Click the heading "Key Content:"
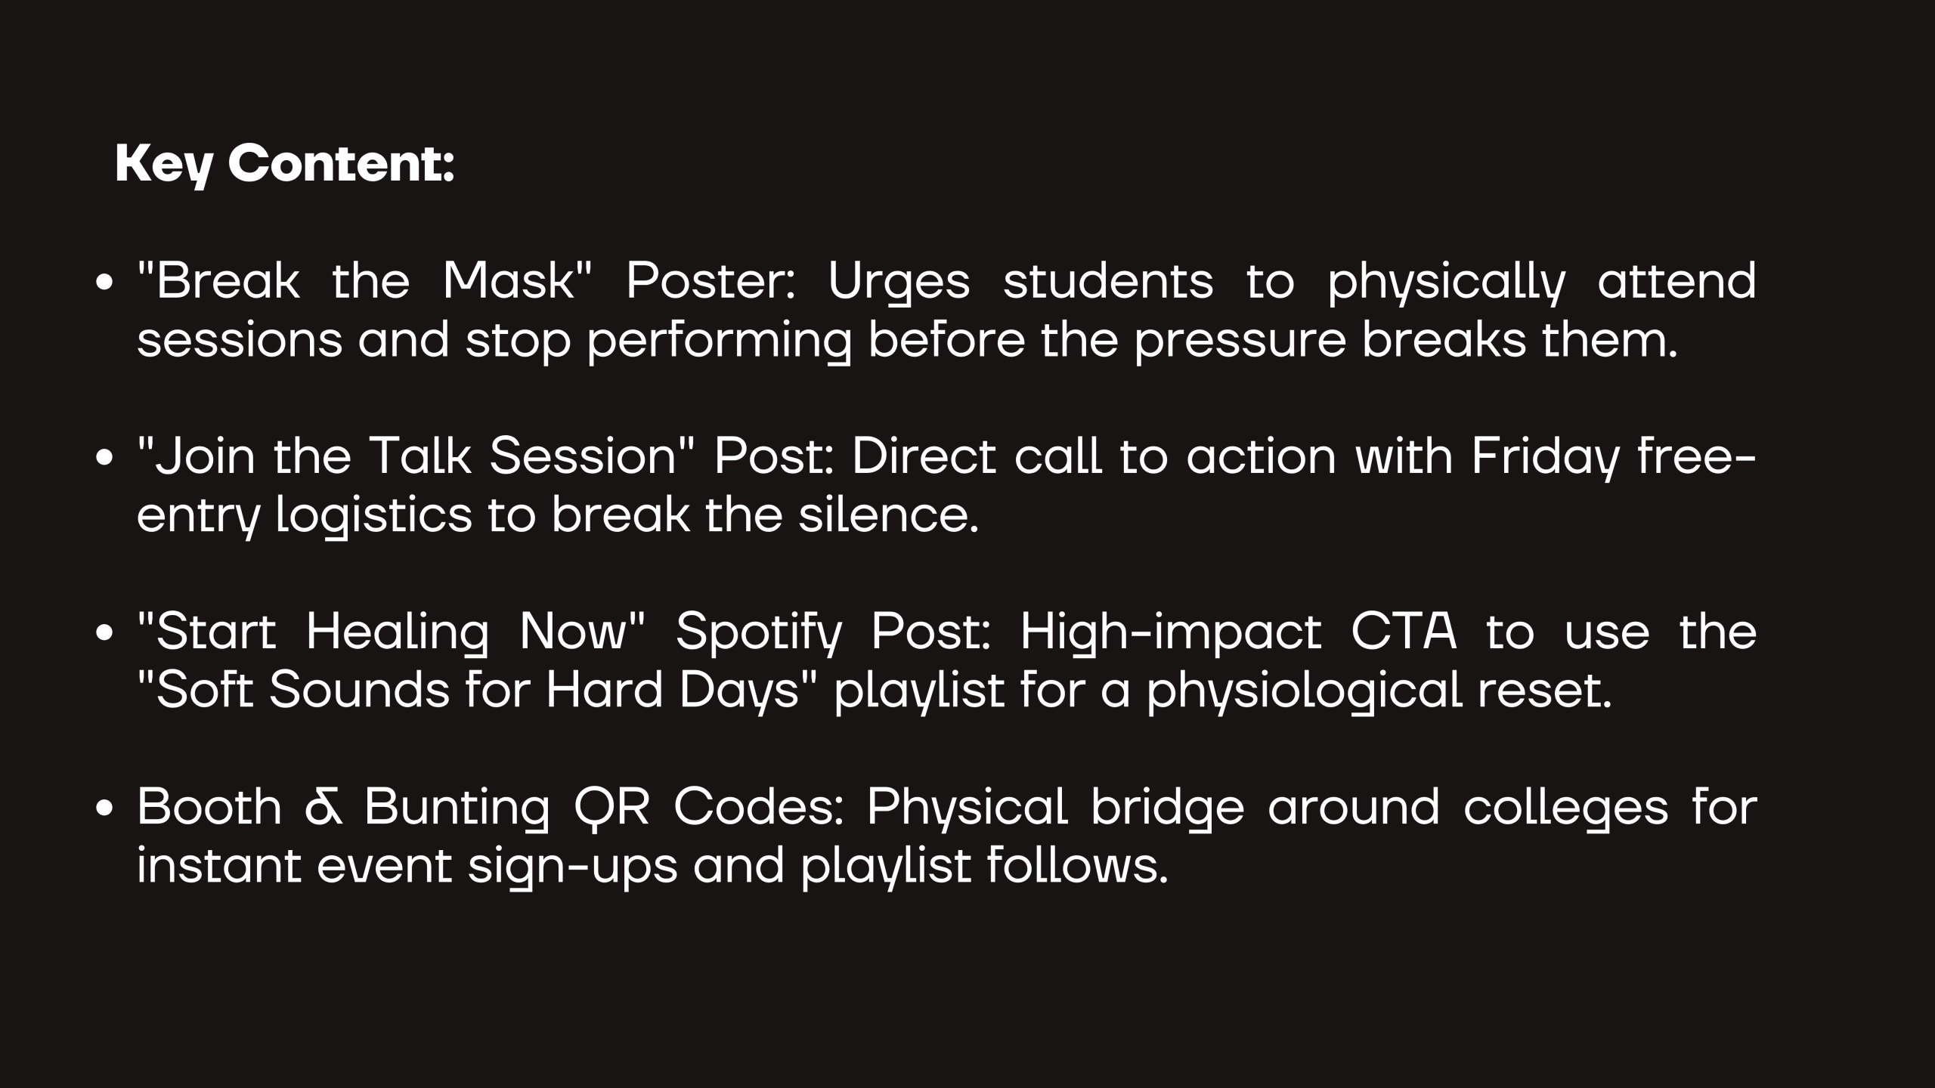pos(284,165)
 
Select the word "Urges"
pos(899,284)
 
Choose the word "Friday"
pos(1546,459)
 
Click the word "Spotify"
pos(757,635)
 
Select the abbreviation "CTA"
pos(1404,632)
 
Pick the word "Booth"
pos(209,807)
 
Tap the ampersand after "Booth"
pos(324,808)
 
